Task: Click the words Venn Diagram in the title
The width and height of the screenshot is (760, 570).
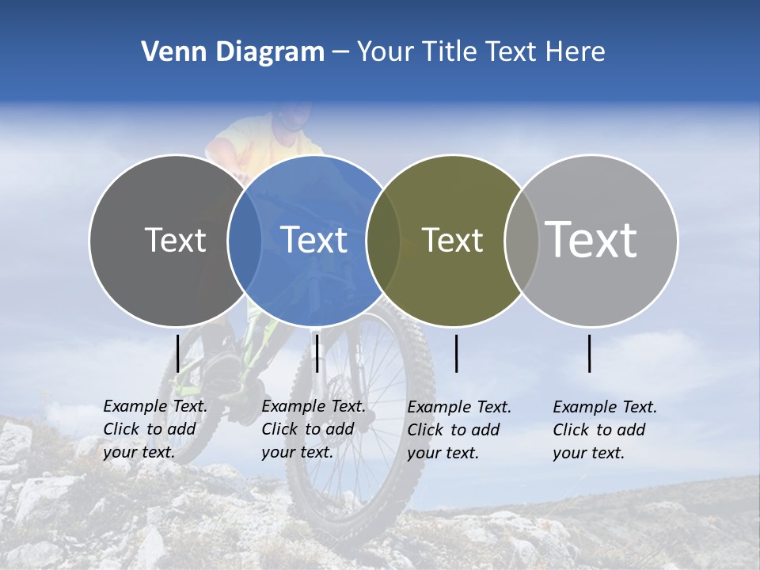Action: click(x=233, y=52)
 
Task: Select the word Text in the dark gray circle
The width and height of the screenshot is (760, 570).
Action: click(x=175, y=240)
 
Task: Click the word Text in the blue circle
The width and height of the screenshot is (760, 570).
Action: click(x=314, y=240)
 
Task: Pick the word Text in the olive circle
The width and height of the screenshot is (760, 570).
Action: click(x=452, y=240)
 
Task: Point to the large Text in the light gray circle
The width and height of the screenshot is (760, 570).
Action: click(x=591, y=239)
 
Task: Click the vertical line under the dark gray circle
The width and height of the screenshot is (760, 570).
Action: click(x=177, y=353)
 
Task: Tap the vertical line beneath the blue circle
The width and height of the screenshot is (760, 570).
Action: click(x=317, y=353)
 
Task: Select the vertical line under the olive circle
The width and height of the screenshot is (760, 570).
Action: click(x=456, y=353)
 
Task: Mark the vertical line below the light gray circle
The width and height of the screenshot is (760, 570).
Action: click(x=590, y=353)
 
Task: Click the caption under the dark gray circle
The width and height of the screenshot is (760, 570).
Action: click(x=155, y=429)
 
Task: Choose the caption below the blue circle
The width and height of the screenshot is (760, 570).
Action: click(x=313, y=429)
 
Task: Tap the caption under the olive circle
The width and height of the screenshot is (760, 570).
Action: click(x=459, y=430)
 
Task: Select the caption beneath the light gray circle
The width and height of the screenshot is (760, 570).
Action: click(x=605, y=430)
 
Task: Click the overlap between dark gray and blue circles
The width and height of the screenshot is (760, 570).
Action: click(x=245, y=240)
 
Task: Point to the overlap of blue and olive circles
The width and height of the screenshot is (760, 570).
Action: click(x=384, y=240)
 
